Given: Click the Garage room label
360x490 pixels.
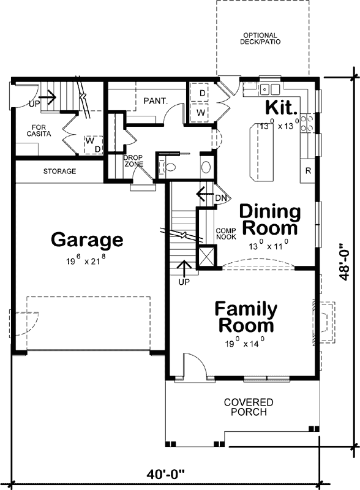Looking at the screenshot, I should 87,239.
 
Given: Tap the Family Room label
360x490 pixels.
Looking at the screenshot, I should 245,316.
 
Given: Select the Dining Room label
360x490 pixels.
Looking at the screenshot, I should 269,220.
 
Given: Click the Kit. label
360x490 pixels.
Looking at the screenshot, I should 281,107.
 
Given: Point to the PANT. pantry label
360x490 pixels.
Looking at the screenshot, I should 156,100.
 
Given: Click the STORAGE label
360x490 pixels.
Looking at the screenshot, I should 59,171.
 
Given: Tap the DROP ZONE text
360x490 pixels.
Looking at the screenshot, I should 133,162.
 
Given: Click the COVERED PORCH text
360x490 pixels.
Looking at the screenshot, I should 248,407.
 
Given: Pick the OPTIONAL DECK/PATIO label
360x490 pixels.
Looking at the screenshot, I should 260,39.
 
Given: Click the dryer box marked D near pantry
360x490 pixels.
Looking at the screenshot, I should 201,92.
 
